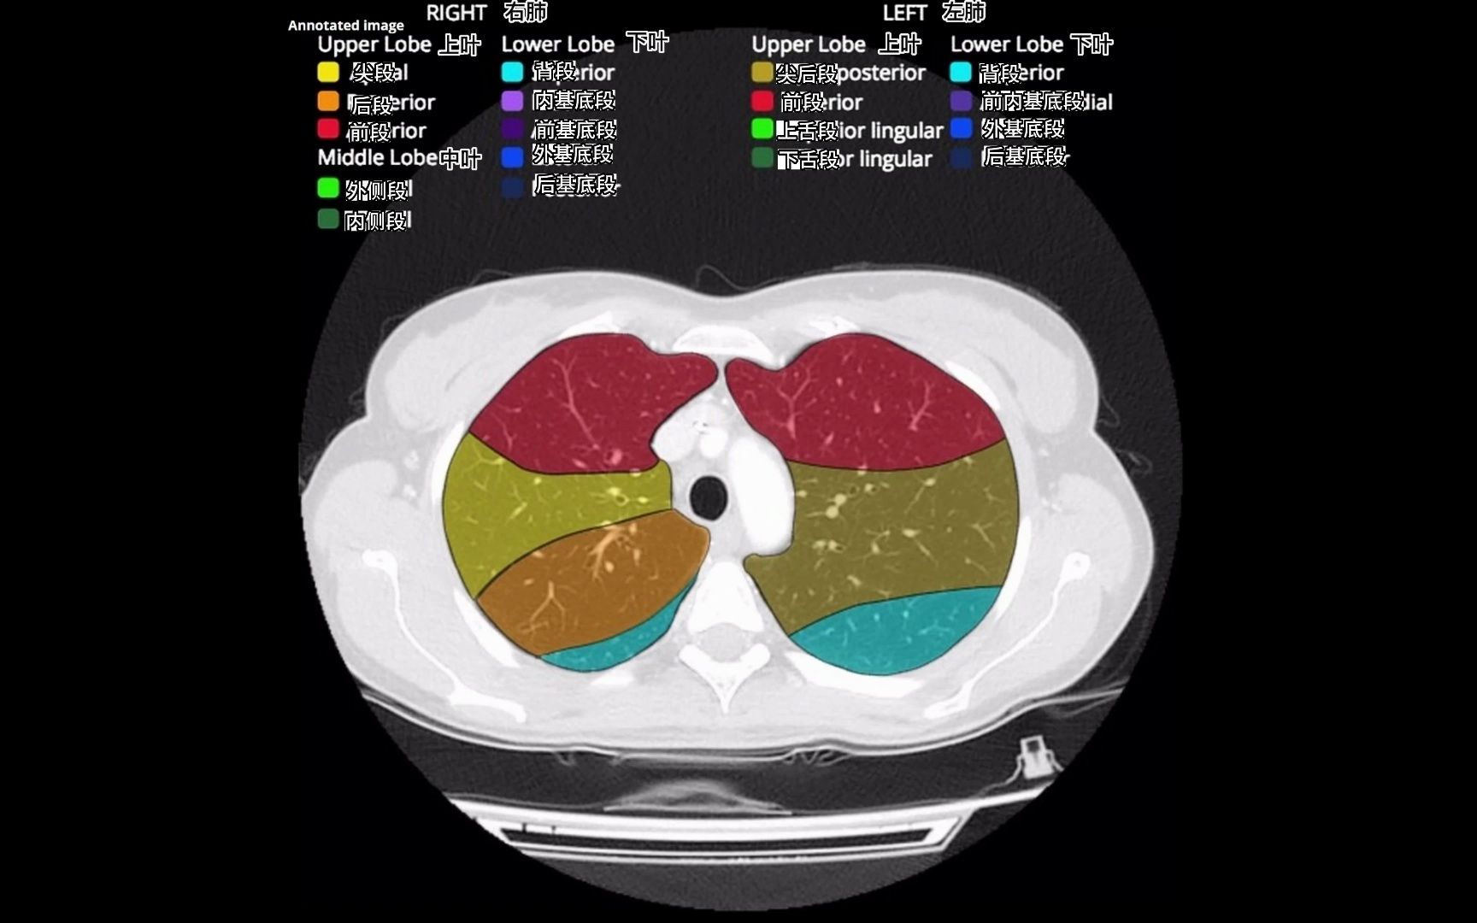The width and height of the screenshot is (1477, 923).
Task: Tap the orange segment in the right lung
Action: click(581, 581)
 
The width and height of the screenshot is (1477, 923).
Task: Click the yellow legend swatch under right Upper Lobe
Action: click(328, 72)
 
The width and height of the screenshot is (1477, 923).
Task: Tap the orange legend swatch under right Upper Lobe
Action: click(328, 101)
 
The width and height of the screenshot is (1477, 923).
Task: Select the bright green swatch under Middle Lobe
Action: click(328, 187)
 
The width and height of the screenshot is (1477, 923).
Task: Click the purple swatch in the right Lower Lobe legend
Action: click(512, 101)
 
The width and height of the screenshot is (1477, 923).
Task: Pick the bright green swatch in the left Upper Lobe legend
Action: click(762, 129)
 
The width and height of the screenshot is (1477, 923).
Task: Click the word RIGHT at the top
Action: click(456, 13)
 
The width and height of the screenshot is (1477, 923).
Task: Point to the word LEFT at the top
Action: click(904, 13)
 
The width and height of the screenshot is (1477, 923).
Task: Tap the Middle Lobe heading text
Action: click(377, 157)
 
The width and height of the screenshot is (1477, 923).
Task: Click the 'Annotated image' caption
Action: click(346, 26)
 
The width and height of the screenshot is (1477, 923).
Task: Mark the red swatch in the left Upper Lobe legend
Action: click(762, 101)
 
